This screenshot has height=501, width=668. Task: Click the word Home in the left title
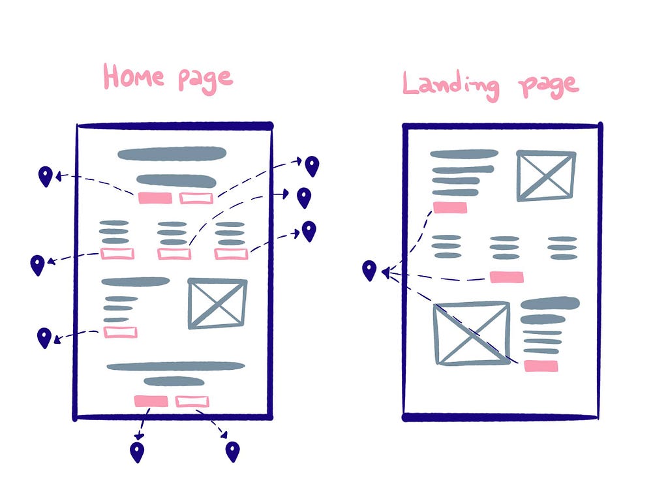tap(134, 77)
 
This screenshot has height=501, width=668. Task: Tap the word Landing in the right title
tap(451, 85)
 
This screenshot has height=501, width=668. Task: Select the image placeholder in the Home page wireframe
tap(217, 303)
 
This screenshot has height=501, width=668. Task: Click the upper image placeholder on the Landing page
tap(546, 175)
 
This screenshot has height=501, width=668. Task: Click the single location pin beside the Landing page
tap(369, 271)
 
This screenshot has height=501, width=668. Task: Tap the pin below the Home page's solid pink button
tap(137, 452)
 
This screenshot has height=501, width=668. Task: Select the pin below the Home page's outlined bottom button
tap(233, 451)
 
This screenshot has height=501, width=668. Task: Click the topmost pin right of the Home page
tap(312, 166)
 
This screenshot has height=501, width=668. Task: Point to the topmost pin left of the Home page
tap(46, 176)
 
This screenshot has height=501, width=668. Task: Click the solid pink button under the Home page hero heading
tap(155, 198)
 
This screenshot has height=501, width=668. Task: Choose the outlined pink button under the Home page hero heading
tap(196, 198)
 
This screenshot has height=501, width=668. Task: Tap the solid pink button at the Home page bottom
tap(151, 401)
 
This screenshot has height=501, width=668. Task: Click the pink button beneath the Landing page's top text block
tap(450, 207)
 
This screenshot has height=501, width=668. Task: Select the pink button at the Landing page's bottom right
tap(541, 366)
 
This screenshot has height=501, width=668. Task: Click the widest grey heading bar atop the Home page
tap(172, 154)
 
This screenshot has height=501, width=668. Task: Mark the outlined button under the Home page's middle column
tap(174, 254)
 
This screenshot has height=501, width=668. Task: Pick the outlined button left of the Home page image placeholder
tap(121, 332)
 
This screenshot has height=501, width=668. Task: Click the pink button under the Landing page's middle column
tap(506, 277)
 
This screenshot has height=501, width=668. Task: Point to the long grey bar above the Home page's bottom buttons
tap(175, 367)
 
